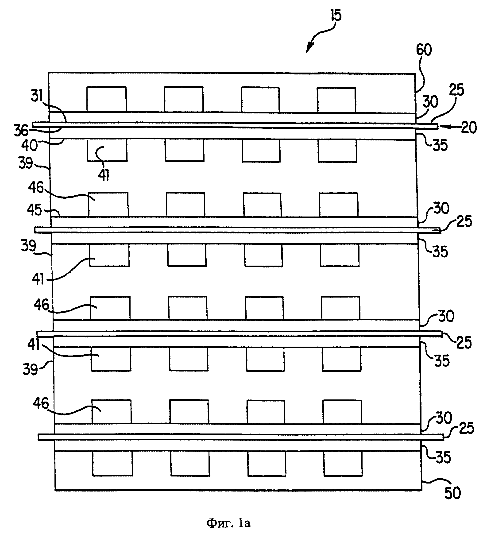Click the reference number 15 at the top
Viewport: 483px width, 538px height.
tap(336, 16)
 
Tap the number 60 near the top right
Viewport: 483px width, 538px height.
tap(424, 50)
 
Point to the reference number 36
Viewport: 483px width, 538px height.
tap(21, 131)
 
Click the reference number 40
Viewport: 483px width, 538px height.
tap(29, 145)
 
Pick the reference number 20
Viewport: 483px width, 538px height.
tap(469, 128)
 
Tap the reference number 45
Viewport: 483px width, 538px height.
tap(35, 210)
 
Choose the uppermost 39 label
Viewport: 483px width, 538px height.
tap(26, 163)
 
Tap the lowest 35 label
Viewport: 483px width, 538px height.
tap(443, 457)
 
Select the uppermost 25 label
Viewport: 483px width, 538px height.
tap(456, 90)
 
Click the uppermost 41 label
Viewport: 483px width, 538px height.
tap(104, 175)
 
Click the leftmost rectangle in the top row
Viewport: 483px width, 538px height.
tap(106, 99)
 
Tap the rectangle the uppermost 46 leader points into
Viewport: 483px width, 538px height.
tap(108, 204)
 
